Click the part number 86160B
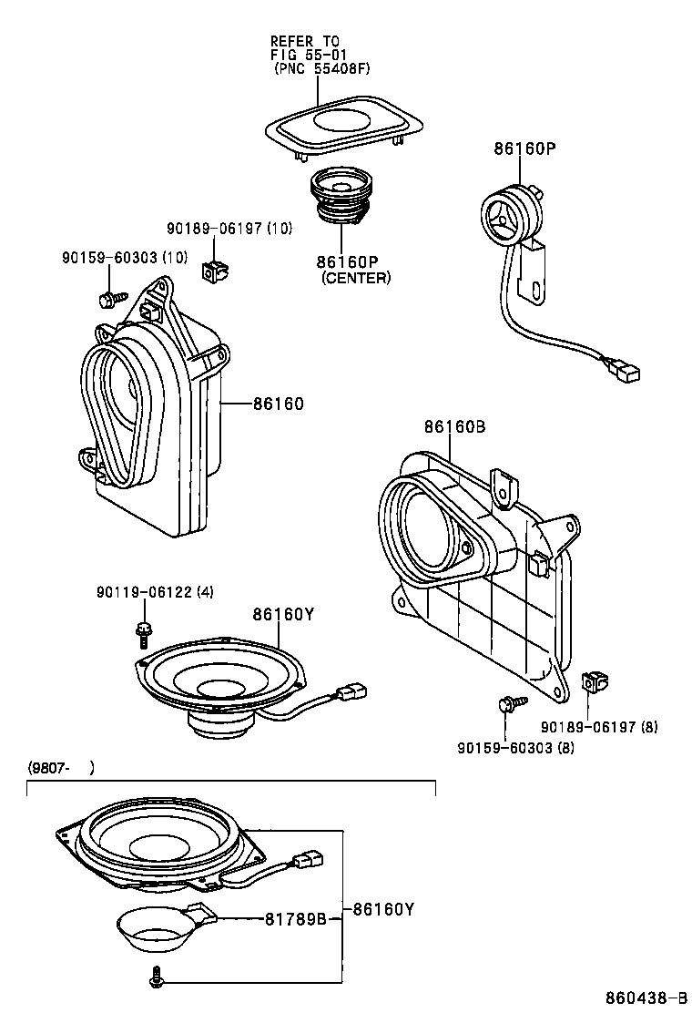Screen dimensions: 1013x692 tap(454, 427)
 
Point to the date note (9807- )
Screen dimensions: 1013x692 tap(60, 768)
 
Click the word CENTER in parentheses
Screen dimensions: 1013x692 tap(355, 278)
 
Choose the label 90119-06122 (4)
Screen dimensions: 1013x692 tap(155, 592)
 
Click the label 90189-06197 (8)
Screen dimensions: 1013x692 tap(599, 726)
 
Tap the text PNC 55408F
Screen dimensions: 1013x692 tap(323, 68)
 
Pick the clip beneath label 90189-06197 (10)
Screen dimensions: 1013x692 tap(216, 270)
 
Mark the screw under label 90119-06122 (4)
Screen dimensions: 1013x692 tap(144, 630)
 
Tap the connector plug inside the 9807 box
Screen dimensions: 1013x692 tap(310, 857)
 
